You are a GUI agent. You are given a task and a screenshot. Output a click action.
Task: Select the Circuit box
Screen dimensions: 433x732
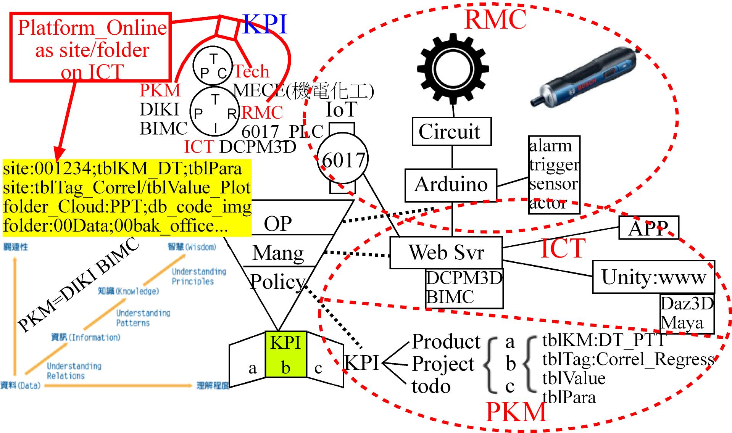click(451, 132)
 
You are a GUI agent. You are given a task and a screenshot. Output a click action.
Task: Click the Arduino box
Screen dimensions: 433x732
click(451, 185)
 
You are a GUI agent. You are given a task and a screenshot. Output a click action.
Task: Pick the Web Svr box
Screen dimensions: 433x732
click(446, 253)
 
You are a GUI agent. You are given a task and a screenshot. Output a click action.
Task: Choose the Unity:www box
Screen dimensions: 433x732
click(653, 277)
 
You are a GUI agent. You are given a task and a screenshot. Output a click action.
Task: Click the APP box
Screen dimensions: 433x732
click(648, 228)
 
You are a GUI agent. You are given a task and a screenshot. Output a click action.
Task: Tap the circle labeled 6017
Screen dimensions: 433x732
click(343, 159)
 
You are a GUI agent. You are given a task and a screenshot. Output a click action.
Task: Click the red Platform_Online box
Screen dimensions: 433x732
click(91, 48)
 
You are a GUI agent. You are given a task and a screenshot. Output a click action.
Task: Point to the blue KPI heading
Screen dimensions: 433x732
click(264, 24)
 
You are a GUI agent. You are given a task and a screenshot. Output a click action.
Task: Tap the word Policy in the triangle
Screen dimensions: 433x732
click(277, 282)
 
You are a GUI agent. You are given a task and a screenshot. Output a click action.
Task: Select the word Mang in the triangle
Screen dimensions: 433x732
click(278, 253)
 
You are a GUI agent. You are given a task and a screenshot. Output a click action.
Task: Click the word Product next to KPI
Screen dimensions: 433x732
click(446, 341)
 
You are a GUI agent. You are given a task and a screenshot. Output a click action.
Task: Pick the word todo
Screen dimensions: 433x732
click(431, 386)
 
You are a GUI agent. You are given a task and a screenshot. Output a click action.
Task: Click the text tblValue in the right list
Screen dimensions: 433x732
click(573, 378)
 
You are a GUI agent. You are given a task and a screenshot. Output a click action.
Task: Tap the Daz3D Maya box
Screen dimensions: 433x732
click(687, 314)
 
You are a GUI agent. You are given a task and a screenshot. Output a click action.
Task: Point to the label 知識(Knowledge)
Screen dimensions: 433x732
click(128, 291)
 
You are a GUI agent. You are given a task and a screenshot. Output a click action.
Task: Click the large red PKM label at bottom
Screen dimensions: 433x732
click(516, 412)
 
